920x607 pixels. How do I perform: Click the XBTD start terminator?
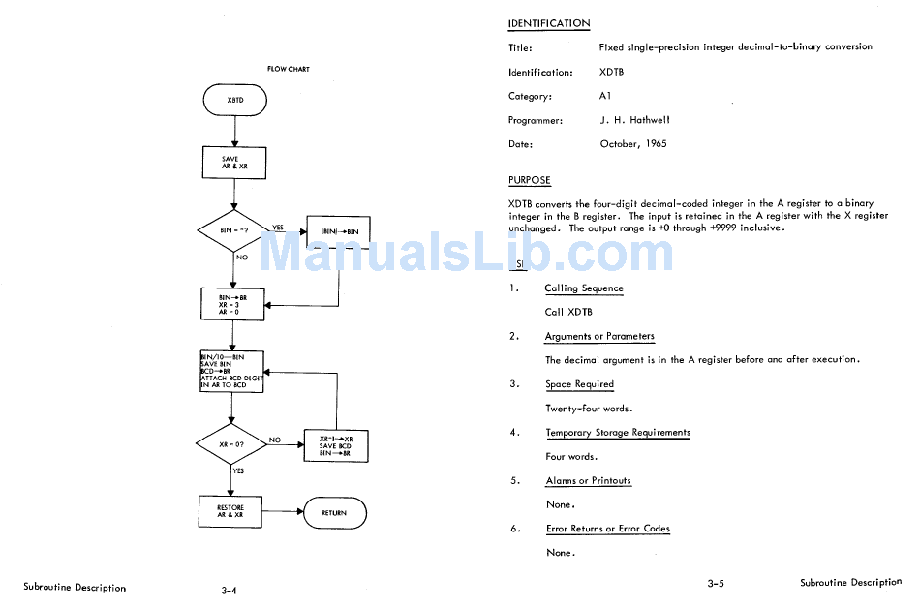tap(235, 101)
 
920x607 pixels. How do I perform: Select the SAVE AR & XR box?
tap(233, 163)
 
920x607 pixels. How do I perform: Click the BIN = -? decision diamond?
tap(233, 231)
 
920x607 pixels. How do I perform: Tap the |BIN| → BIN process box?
tap(339, 232)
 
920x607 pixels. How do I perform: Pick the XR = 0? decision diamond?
tap(231, 444)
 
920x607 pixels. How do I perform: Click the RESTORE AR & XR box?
tap(230, 512)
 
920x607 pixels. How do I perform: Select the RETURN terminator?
tap(334, 512)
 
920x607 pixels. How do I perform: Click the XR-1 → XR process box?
tap(335, 445)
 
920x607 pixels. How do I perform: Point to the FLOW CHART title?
tap(289, 69)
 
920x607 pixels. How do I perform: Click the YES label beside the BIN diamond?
tap(278, 228)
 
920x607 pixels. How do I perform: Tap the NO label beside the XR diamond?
tap(275, 440)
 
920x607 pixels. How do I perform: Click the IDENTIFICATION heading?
tap(549, 23)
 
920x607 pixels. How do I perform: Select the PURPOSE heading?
tap(530, 180)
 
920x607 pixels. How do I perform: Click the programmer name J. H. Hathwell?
tap(634, 120)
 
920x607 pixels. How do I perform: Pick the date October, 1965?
tap(633, 144)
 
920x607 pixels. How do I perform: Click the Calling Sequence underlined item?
tap(584, 288)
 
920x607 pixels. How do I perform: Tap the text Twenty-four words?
tap(589, 409)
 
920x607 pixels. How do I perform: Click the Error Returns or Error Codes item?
tap(608, 529)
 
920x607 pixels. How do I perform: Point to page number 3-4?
tap(230, 590)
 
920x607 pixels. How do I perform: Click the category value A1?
tap(605, 96)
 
